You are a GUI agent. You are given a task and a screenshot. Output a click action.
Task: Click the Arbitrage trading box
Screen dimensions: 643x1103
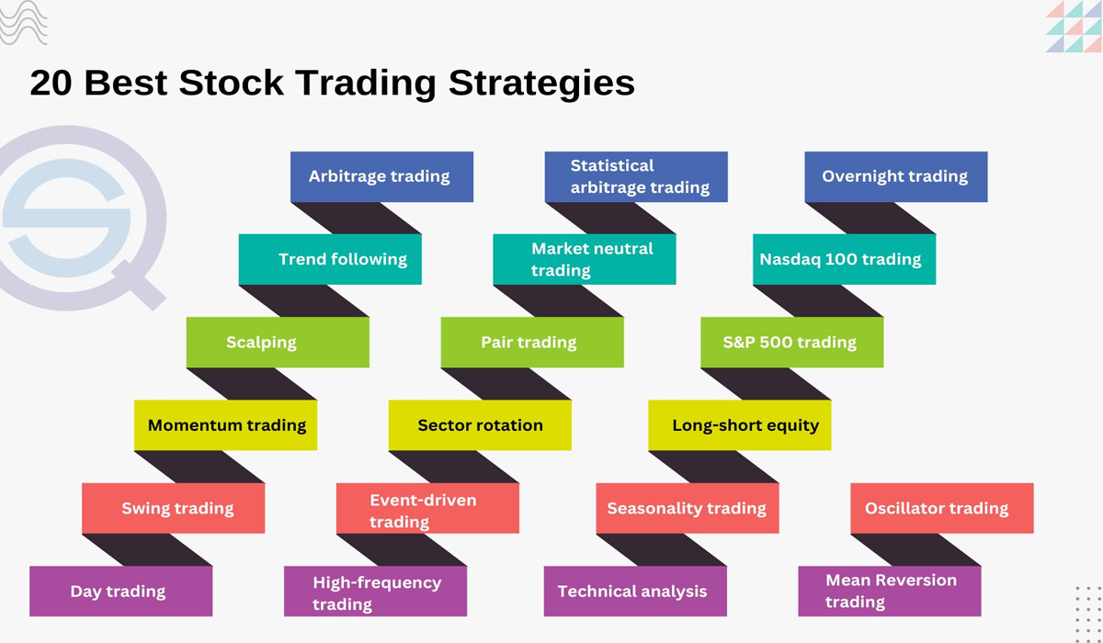(x=381, y=176)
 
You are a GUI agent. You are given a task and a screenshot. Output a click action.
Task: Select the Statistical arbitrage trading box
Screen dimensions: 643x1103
(x=636, y=176)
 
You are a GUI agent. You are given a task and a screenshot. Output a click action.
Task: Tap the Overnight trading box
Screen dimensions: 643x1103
(x=895, y=176)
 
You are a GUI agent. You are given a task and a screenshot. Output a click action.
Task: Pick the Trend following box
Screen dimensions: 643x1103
(x=330, y=259)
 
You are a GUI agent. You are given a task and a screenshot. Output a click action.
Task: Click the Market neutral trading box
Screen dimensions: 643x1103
(x=585, y=259)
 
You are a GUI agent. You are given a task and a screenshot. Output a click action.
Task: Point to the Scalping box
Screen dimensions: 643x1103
(x=278, y=342)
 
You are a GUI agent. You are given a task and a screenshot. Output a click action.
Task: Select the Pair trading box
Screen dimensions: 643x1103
(x=532, y=342)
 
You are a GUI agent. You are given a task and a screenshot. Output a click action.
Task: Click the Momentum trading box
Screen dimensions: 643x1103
(x=226, y=424)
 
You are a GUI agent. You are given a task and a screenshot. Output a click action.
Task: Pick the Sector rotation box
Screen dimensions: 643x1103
(x=480, y=424)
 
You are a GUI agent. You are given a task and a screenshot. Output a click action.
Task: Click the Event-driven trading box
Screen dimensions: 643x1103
(x=427, y=508)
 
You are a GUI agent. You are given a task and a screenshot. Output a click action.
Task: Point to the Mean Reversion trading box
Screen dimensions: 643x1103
(x=889, y=591)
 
